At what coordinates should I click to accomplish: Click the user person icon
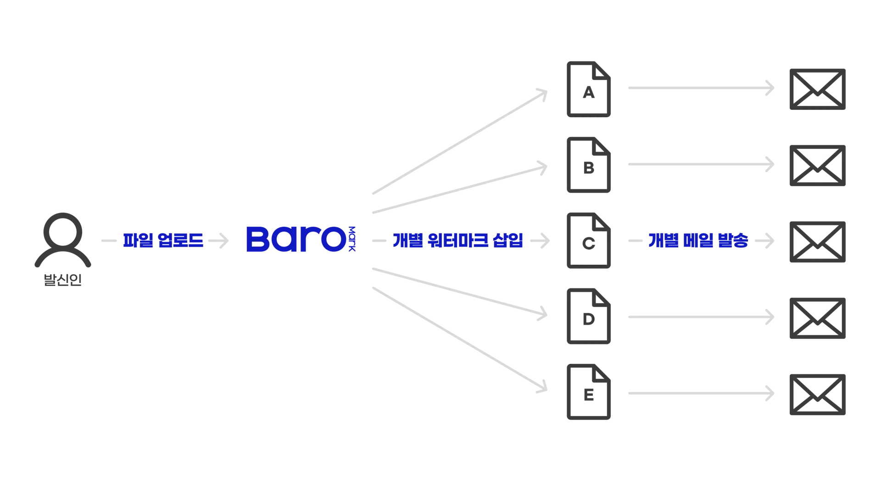[x=62, y=238]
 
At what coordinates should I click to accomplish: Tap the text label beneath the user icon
[x=64, y=280]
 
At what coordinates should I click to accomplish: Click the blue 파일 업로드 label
[x=162, y=241]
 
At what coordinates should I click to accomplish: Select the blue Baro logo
[x=301, y=239]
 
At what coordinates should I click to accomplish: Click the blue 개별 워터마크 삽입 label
[x=457, y=241]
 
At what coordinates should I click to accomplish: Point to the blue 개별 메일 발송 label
[x=697, y=241]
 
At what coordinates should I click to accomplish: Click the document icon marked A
[x=589, y=88]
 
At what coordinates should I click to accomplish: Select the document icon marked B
[x=589, y=165]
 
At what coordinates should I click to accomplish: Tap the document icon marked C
[x=589, y=240]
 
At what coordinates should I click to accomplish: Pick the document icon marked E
[x=589, y=393]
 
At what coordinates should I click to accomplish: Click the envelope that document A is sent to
[x=818, y=88]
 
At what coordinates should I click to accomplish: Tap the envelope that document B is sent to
[x=818, y=165]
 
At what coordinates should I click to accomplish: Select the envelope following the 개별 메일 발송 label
[x=818, y=242]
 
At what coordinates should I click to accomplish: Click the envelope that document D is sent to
[x=818, y=319]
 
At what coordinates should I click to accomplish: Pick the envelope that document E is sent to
[x=818, y=395]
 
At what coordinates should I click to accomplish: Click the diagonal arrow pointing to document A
[x=459, y=142]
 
